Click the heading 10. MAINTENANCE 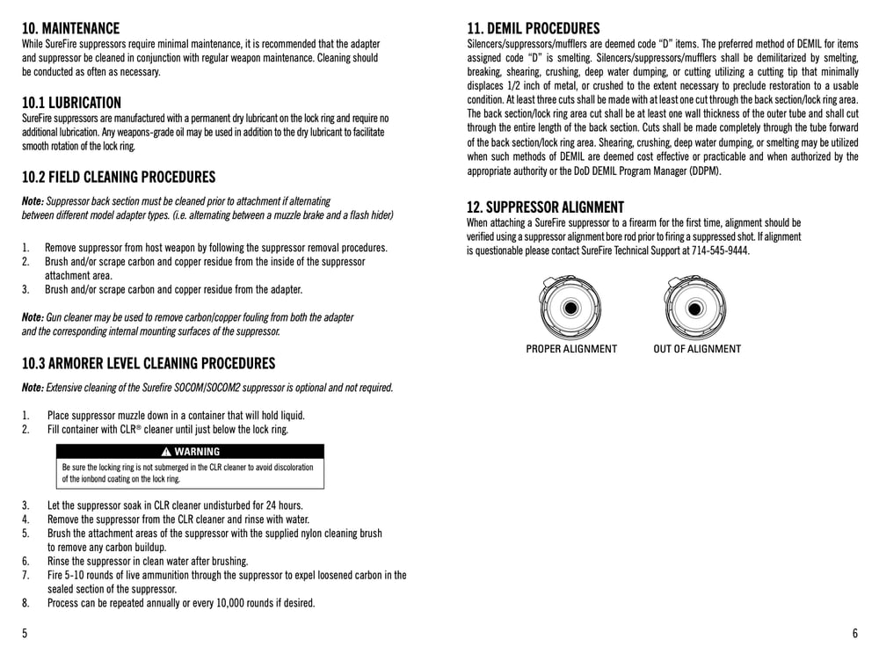point(70,28)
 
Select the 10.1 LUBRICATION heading point(71,103)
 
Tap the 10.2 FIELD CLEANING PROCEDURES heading point(118,177)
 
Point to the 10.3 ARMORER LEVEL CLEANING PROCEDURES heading point(148,363)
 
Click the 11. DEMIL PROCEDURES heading point(533,28)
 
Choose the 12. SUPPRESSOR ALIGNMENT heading point(545,207)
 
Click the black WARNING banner point(190,452)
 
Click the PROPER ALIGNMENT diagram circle point(570,309)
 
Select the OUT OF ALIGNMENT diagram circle point(696,309)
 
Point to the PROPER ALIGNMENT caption point(571,349)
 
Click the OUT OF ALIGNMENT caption point(697,349)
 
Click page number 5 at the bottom point(25,634)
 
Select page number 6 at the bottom point(854,634)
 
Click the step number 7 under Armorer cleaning point(25,575)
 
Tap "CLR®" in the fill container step point(128,430)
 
